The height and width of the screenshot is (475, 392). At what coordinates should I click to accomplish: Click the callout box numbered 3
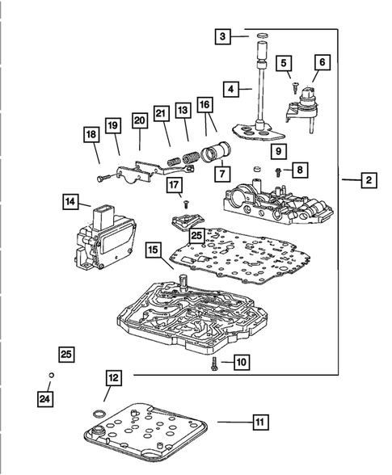point(223,36)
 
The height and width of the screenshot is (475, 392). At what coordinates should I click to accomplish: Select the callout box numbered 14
point(70,201)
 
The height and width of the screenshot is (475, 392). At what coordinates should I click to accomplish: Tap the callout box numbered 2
point(369,180)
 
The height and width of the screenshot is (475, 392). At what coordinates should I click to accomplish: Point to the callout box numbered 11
point(260,422)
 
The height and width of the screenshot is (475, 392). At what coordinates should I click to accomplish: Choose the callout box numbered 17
point(175,185)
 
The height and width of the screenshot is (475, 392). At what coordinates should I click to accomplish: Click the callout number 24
point(45,399)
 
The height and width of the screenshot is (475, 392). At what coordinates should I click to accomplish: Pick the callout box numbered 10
point(242,362)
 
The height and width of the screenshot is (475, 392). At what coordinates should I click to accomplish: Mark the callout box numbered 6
point(322,62)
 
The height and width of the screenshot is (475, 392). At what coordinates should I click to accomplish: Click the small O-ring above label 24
point(51,376)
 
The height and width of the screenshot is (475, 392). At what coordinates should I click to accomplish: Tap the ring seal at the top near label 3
point(263,36)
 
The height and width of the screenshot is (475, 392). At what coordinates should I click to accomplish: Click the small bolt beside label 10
point(214,364)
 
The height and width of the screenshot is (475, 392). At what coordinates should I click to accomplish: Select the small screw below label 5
point(295,88)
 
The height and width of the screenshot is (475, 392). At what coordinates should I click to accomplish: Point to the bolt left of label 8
point(278,173)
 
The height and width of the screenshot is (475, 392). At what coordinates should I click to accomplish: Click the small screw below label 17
point(186,204)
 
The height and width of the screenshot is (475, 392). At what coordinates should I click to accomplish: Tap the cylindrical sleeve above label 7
point(217,152)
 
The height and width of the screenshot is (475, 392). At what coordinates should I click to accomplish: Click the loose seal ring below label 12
point(99,414)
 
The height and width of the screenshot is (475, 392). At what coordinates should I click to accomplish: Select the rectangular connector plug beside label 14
point(102,216)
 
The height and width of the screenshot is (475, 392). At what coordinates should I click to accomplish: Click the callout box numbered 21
point(161,113)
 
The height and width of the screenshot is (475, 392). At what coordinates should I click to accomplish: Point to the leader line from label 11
point(235,422)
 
